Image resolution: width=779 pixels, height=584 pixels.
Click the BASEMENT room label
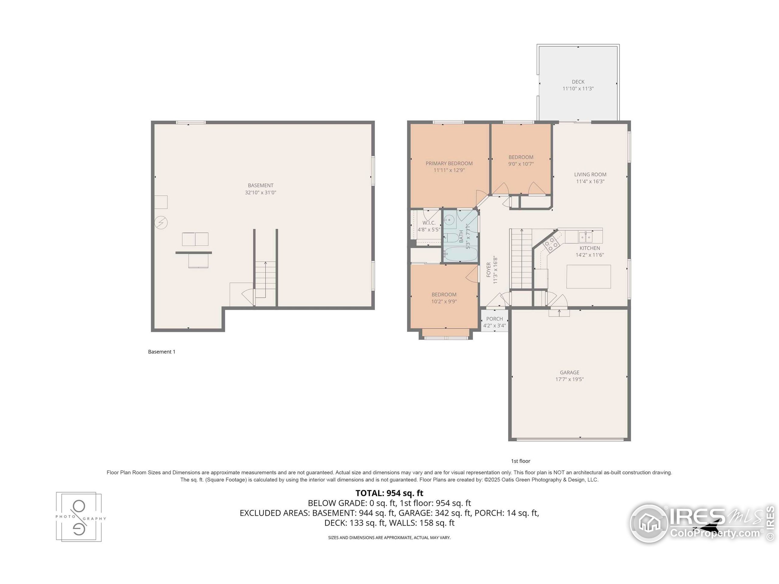(x=260, y=185)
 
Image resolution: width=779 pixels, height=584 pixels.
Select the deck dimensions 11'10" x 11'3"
(x=578, y=89)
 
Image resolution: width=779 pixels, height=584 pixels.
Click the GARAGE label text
(x=569, y=372)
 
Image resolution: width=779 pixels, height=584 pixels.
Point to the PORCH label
(x=494, y=318)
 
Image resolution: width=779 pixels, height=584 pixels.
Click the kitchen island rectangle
(x=589, y=277)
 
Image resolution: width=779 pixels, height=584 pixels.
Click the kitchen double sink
(x=585, y=237)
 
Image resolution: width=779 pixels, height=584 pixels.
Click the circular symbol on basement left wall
(x=161, y=222)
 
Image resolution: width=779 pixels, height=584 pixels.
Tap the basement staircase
(x=265, y=280)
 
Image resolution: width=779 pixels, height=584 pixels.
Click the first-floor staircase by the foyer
(x=521, y=259)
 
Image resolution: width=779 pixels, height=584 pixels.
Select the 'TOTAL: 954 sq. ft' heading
(x=389, y=493)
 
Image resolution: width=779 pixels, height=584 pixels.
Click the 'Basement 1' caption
(x=162, y=352)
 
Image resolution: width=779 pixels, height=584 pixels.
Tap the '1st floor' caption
(x=521, y=461)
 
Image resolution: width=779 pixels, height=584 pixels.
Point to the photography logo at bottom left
(x=79, y=517)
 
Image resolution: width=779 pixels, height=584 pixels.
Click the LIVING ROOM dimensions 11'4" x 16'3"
(x=590, y=182)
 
